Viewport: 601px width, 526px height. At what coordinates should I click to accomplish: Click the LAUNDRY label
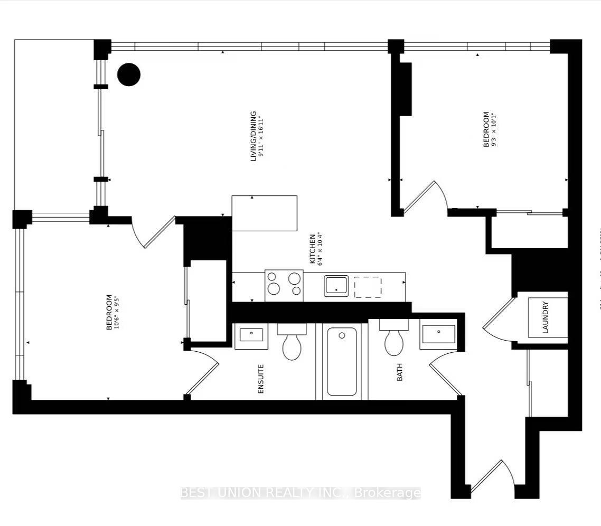[546, 317]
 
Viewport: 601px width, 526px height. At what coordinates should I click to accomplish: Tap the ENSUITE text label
[260, 379]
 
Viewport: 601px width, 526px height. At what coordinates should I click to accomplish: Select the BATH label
[399, 372]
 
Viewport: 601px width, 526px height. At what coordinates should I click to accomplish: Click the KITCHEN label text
[312, 249]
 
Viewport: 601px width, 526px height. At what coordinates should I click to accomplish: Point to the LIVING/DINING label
[253, 136]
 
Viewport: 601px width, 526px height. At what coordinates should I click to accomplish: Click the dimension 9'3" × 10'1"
[494, 129]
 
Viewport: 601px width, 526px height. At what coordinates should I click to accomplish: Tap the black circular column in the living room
[128, 74]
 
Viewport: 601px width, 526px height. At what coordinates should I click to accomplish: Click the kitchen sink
[336, 286]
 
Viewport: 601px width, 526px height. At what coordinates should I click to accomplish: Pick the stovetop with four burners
[284, 285]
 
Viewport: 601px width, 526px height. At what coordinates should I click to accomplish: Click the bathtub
[341, 362]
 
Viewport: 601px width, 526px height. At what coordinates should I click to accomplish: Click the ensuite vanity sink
[251, 336]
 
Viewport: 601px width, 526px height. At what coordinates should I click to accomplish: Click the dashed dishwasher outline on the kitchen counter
[368, 287]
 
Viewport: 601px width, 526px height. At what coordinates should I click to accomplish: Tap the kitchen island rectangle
[264, 213]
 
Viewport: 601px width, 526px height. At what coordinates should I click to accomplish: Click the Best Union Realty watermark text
[300, 493]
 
